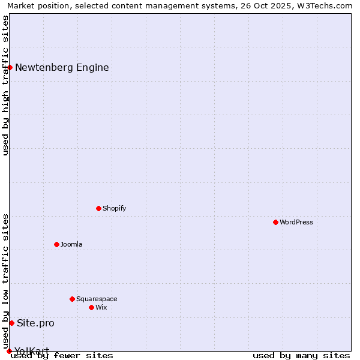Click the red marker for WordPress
[275, 222]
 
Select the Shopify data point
[98, 208]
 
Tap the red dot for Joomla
[56, 244]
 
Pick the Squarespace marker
[72, 299]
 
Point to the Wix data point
[91, 307]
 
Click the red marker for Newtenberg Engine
[10, 67]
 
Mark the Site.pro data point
[11, 323]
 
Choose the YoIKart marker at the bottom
[9, 351]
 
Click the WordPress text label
[296, 222]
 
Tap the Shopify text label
[114, 208]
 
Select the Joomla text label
[71, 244]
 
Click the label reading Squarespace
[97, 299]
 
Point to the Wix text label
[101, 307]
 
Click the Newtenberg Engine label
[62, 67]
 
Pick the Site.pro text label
[35, 323]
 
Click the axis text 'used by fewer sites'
[62, 355]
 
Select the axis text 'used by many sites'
[301, 355]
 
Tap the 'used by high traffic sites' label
[5, 85]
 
